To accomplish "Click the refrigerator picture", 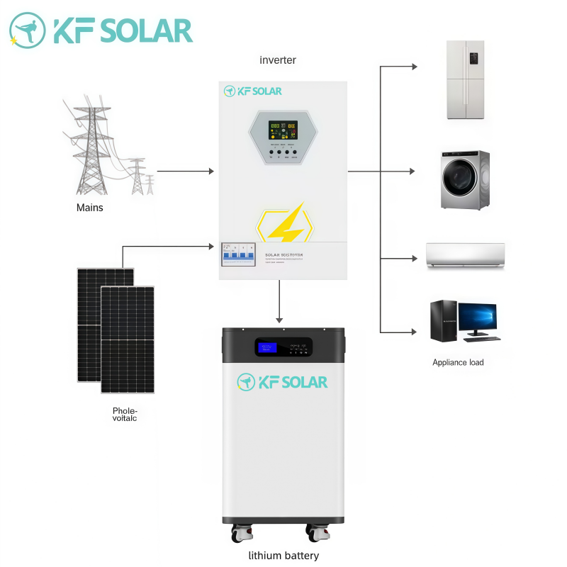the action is (x=465, y=79).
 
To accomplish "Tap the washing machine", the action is (x=465, y=180).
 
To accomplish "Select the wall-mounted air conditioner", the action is (x=465, y=255).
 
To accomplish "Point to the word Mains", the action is (x=90, y=208).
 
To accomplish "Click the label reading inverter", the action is (x=278, y=60).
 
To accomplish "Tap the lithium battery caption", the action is (x=283, y=556).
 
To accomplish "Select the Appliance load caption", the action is (x=458, y=362).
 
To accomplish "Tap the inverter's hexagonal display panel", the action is (x=283, y=136).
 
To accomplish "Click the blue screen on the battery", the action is (x=267, y=347).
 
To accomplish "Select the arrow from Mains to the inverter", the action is (x=185, y=171).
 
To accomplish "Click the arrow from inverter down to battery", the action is (x=281, y=301).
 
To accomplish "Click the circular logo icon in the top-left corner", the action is (x=27, y=30).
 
